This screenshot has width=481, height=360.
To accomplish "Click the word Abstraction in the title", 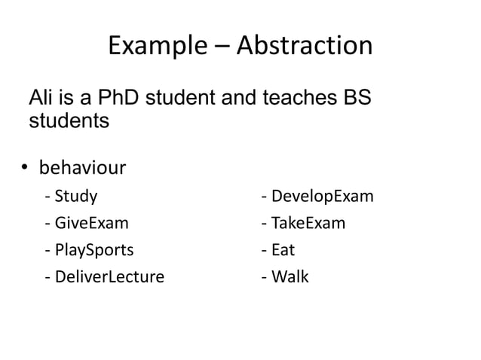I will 304,47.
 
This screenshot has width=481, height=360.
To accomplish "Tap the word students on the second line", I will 69,121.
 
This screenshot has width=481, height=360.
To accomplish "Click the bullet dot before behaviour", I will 24,167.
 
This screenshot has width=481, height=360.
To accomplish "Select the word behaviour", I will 82,166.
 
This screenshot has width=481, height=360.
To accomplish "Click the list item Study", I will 75,197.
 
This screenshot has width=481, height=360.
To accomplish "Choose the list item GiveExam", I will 91,224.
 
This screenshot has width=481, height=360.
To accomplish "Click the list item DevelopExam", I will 321,197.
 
